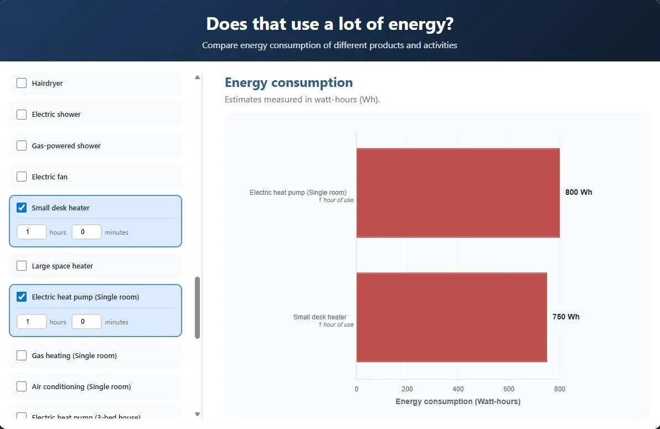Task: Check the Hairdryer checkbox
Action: point(22,84)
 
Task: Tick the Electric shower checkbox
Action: point(22,115)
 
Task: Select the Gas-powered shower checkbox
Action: point(22,146)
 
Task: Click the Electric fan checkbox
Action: point(22,177)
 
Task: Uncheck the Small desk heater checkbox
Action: point(22,208)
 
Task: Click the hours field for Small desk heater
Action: point(32,232)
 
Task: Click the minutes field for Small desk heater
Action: point(86,232)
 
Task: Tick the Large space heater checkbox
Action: point(22,266)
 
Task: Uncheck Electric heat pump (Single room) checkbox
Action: point(22,297)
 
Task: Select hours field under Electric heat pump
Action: point(32,322)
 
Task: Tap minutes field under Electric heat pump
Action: point(86,322)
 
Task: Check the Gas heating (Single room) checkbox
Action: point(22,356)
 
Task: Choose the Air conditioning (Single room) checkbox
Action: point(22,387)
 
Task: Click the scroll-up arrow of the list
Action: point(198,77)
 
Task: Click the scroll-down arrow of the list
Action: point(198,414)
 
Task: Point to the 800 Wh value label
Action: point(579,193)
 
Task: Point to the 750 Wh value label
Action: point(566,317)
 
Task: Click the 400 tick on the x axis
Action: point(458,389)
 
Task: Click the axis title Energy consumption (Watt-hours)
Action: point(458,401)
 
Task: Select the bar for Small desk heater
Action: point(451,317)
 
